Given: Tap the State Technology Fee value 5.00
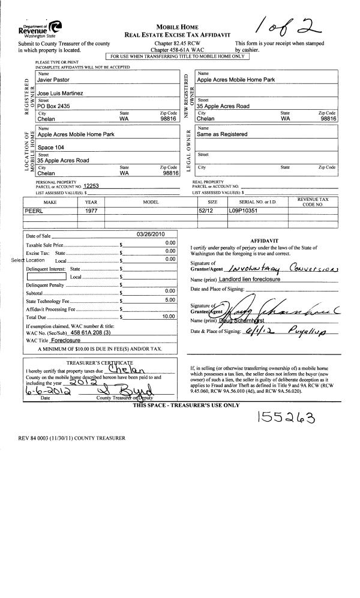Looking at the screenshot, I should coord(170,299).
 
